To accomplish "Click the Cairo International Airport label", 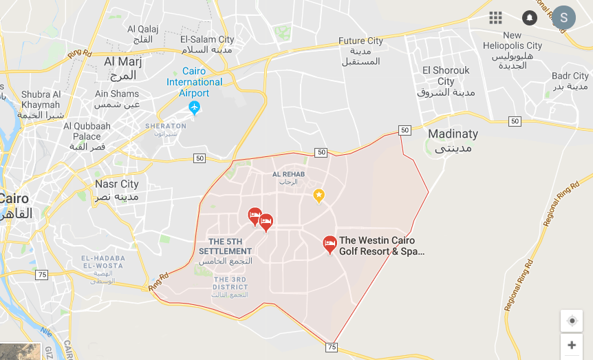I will pyautogui.click(x=195, y=82).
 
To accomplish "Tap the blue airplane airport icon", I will pyautogui.click(x=194, y=108).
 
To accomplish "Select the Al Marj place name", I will pyautogui.click(x=123, y=67).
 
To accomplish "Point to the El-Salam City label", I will pyautogui.click(x=207, y=45).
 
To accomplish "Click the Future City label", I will pyautogui.click(x=360, y=51).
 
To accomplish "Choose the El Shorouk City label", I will pyautogui.click(x=446, y=81).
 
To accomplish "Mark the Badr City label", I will pyautogui.click(x=570, y=81).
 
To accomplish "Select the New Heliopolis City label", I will pyautogui.click(x=513, y=50).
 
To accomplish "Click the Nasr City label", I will pyautogui.click(x=117, y=190).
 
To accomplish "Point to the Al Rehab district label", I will pyautogui.click(x=288, y=178).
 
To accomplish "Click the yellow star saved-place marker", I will pyautogui.click(x=319, y=195).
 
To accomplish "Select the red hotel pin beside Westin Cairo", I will pyautogui.click(x=330, y=243).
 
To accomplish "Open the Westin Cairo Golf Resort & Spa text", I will pyautogui.click(x=381, y=246).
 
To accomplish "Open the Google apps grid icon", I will pyautogui.click(x=495, y=18).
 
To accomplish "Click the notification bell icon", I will pyautogui.click(x=529, y=18).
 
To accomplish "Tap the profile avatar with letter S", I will pyautogui.click(x=564, y=18).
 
